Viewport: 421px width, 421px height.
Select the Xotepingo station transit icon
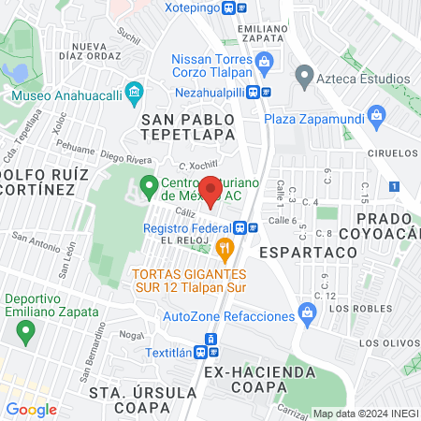click(x=241, y=7)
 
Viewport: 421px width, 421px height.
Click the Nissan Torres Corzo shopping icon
click(x=265, y=63)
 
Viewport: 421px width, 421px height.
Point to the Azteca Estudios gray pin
click(x=303, y=75)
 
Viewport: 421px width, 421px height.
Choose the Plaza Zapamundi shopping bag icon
click(x=378, y=118)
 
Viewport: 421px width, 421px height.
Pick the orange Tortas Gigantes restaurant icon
click(x=223, y=249)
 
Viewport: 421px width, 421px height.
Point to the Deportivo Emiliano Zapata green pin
click(x=27, y=331)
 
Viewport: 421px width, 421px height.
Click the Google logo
click(x=31, y=409)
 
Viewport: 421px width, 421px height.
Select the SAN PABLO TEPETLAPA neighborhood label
click(x=188, y=128)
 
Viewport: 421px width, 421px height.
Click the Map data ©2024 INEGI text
click(x=363, y=414)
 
